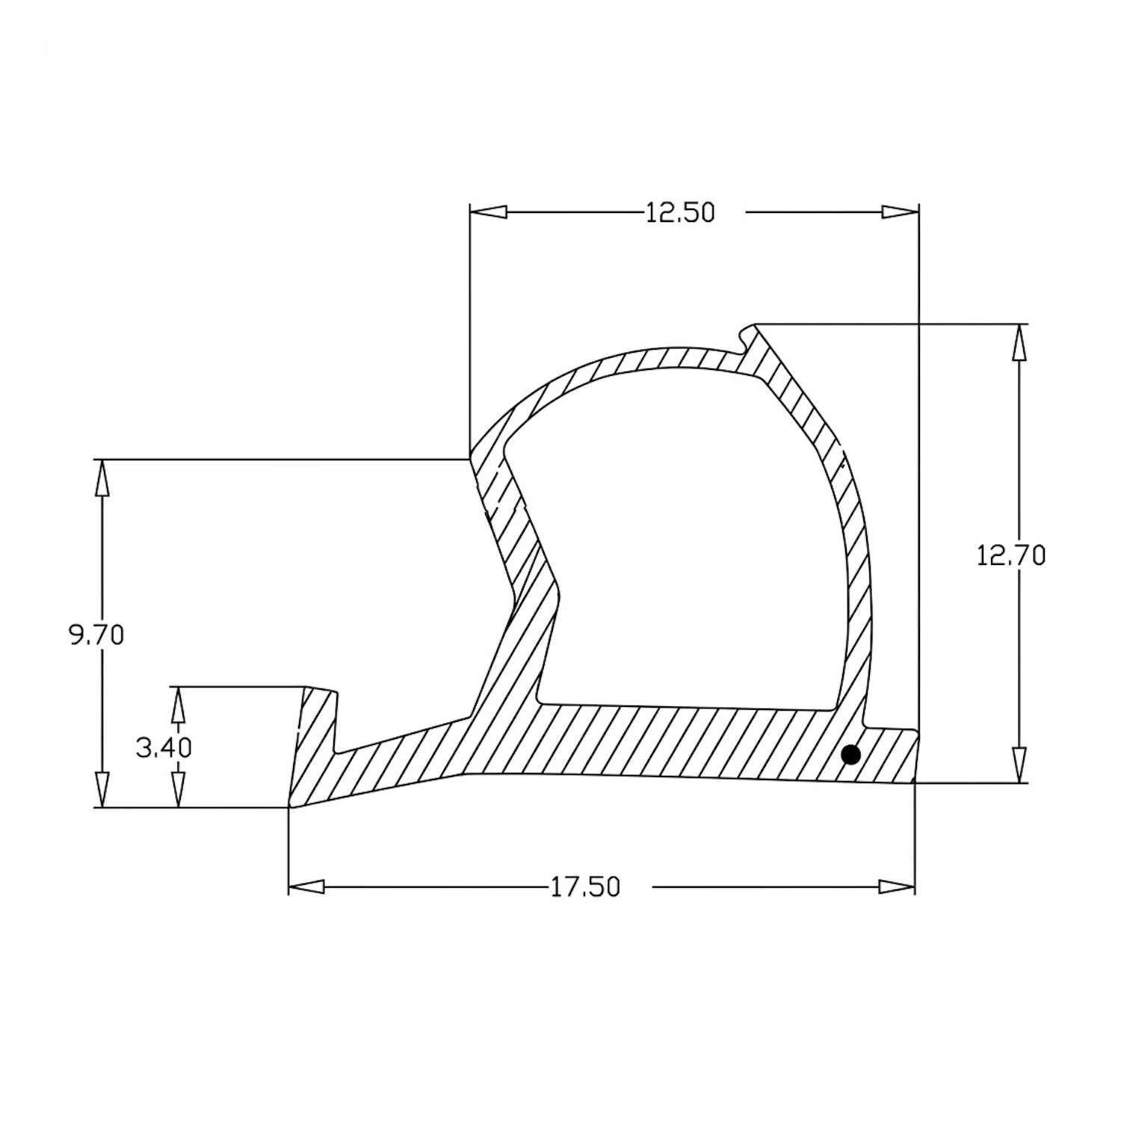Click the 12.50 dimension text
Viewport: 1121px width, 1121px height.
(x=680, y=214)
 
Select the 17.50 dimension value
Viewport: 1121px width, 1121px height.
(x=586, y=887)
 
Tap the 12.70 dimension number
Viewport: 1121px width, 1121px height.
(x=1011, y=555)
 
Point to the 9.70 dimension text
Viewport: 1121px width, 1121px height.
(x=96, y=635)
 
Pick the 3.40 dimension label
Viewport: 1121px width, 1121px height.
(x=164, y=747)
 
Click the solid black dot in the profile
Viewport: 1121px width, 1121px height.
(x=850, y=755)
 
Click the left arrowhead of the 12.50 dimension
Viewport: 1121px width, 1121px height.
(x=489, y=212)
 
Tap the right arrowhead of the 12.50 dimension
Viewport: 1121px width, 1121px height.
(x=900, y=212)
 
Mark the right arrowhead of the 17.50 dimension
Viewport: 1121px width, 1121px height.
(x=896, y=887)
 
